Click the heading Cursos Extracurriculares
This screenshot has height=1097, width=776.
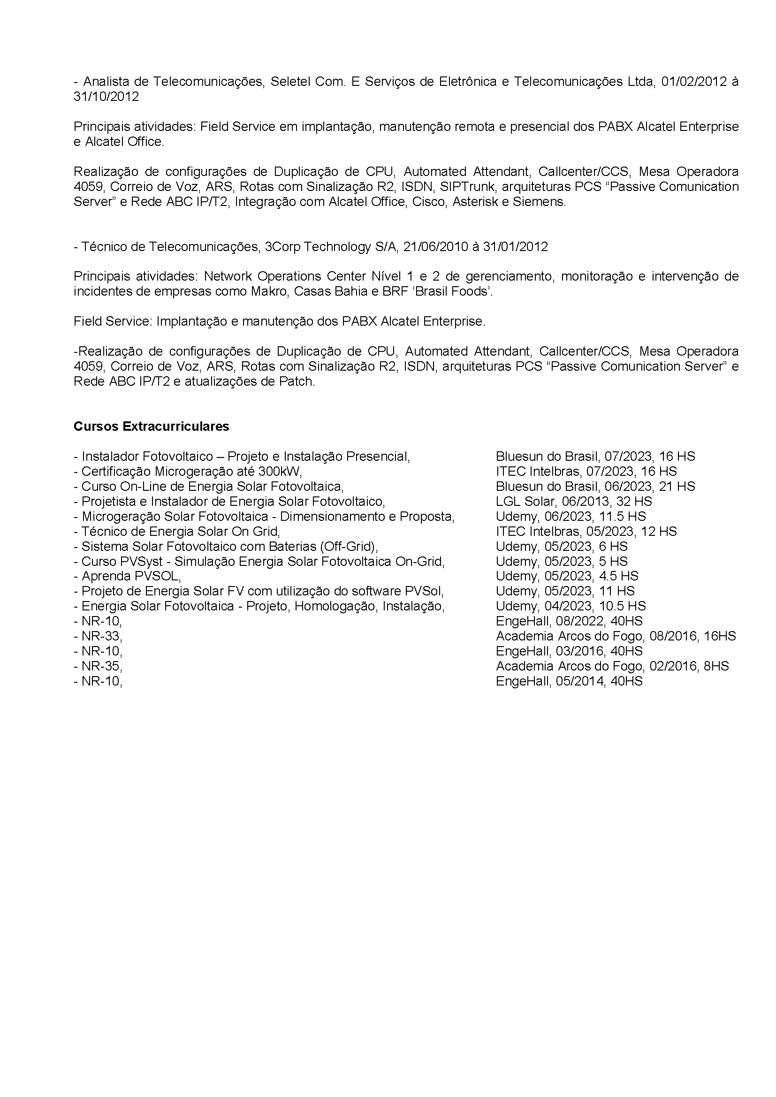(151, 426)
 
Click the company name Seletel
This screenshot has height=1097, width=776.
(288, 82)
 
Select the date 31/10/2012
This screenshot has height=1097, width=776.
(106, 97)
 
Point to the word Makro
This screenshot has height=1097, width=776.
(268, 291)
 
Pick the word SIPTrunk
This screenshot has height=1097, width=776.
(467, 186)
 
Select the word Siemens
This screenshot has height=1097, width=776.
(539, 202)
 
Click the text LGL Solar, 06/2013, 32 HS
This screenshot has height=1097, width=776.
(573, 501)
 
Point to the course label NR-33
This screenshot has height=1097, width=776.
(101, 636)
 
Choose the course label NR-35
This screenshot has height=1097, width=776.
(101, 666)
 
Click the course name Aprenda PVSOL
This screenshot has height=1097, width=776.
(130, 576)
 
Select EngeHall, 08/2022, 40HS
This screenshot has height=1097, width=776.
(569, 621)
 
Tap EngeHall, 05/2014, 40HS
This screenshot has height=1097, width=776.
(569, 681)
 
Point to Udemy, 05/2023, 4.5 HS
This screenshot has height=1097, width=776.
(567, 576)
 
